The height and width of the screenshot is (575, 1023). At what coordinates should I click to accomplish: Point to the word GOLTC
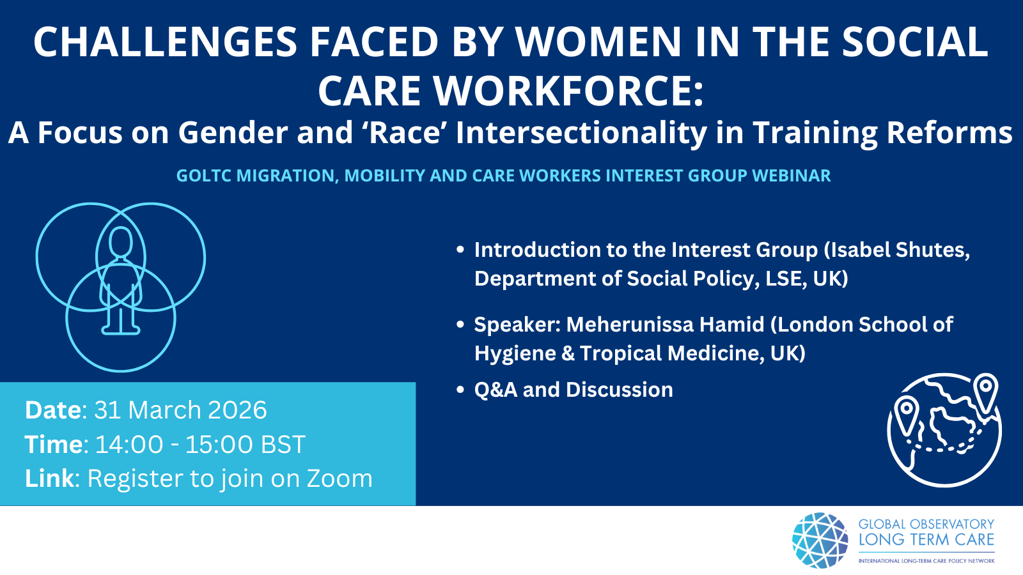(204, 176)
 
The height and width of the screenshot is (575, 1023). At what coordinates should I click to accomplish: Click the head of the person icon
(121, 242)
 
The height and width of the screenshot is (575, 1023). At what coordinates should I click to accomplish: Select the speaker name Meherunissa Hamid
(665, 325)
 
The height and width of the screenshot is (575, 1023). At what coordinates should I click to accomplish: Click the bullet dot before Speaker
(460, 325)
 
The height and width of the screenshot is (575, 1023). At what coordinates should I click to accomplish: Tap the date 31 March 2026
(180, 410)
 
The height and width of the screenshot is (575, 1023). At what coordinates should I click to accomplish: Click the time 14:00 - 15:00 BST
(200, 444)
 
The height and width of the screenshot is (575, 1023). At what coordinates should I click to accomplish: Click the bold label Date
(53, 410)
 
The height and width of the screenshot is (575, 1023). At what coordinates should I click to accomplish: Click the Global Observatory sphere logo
(820, 540)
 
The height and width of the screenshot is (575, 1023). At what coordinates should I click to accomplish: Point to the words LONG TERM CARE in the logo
(926, 540)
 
